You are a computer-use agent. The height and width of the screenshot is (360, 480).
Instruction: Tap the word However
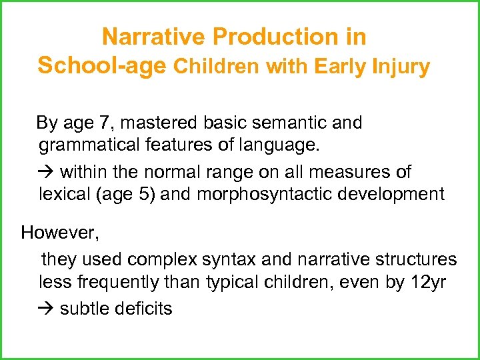click(x=59, y=233)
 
